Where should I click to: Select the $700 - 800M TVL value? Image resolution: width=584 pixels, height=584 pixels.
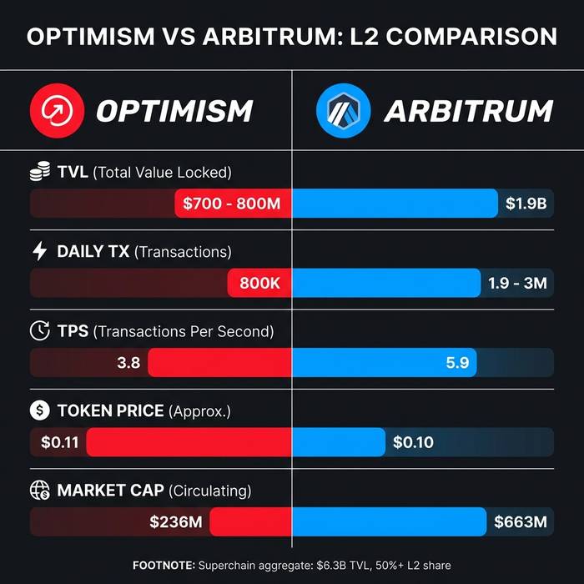(x=232, y=204)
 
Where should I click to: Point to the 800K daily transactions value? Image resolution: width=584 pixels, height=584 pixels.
(x=259, y=283)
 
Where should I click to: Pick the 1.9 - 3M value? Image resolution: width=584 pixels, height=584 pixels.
(x=517, y=283)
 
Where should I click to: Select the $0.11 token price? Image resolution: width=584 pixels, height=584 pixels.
(x=59, y=442)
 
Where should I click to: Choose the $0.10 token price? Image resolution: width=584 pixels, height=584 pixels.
(x=413, y=442)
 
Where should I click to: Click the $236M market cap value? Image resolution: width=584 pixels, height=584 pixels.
(x=178, y=522)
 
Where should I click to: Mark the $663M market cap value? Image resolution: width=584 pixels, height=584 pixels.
(x=521, y=522)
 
